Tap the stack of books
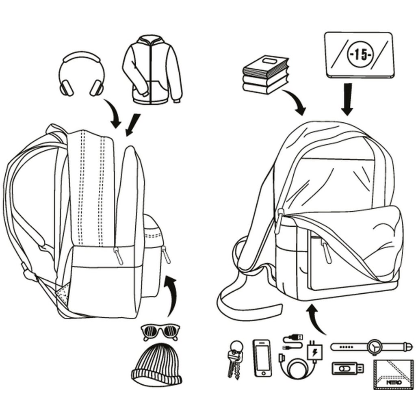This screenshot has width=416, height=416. point(265,74)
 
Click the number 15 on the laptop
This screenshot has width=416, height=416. point(358,55)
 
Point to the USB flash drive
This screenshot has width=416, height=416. point(348,369)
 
